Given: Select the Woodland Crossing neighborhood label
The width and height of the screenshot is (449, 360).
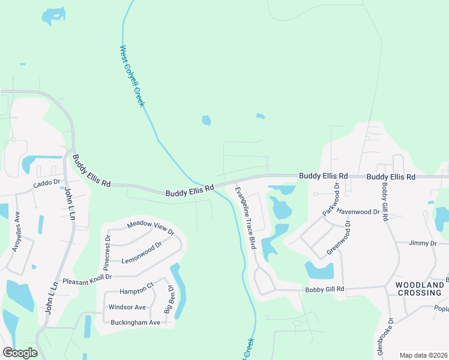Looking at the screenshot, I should (x=420, y=288).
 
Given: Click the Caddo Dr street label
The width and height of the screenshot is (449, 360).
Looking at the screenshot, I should (x=47, y=182).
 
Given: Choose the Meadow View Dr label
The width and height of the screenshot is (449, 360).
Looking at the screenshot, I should (x=150, y=228).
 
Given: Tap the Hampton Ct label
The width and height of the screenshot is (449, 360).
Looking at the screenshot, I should (x=137, y=291).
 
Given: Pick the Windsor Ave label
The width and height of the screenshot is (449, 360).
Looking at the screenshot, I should (x=127, y=307).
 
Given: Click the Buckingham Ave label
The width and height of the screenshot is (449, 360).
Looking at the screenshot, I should (x=136, y=322).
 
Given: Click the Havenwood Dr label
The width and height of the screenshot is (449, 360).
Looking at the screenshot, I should (x=358, y=211).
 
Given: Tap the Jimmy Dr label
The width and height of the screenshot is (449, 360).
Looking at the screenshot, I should (x=423, y=243).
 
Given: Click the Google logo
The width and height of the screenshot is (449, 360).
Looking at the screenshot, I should (x=20, y=353).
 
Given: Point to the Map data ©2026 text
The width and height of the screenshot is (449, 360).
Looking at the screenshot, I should (x=423, y=355).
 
